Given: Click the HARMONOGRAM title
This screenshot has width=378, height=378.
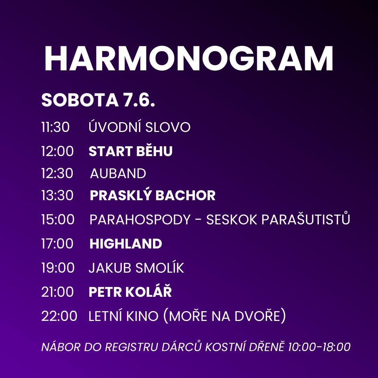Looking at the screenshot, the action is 189,58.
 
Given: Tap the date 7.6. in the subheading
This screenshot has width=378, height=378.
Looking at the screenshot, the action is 139,100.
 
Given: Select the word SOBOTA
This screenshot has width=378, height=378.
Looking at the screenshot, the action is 80,100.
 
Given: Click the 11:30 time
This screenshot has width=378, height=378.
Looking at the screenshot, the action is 55,127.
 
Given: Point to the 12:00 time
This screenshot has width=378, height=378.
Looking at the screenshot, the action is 57,151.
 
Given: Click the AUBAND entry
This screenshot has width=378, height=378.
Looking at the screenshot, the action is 118,173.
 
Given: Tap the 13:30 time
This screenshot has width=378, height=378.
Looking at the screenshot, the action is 57,195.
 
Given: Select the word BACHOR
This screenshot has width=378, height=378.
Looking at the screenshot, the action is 185,195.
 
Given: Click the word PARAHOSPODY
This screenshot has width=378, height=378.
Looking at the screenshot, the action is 140,219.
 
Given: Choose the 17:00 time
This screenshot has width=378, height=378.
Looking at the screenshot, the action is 57,244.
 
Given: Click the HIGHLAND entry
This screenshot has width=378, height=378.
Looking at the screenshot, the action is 126,244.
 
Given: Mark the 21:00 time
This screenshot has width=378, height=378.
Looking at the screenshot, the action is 57,292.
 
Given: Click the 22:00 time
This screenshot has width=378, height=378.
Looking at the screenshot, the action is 59,316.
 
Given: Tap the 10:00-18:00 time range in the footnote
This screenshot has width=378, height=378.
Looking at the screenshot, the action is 319,347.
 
